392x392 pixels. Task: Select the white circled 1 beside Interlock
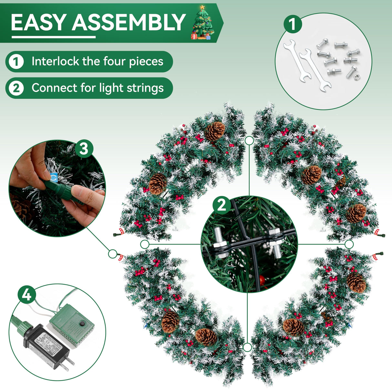pos(16,61)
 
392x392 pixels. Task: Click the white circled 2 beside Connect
pos(16,88)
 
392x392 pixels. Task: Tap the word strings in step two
pos(149,88)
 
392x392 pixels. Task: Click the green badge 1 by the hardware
pos(293,24)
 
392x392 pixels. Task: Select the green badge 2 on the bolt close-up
pos(222,205)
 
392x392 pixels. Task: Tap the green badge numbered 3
pos(84,149)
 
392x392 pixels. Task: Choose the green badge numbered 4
pos(27,294)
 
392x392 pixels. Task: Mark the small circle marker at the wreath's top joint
pos(249,140)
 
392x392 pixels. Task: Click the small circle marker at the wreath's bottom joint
pos(247,347)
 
